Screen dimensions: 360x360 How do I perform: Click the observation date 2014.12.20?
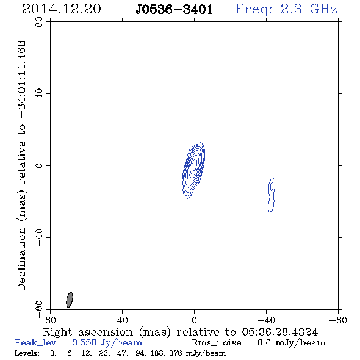tap(62, 9)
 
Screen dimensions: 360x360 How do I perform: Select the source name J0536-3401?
tap(175, 10)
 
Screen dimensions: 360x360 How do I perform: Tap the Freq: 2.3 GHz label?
tap(286, 10)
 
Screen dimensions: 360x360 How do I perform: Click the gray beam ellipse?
tap(70, 300)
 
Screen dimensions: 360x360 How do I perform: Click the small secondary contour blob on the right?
tap(272, 195)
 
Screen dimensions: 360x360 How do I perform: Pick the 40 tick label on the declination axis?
tap(39, 94)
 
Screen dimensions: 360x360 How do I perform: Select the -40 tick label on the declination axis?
tap(39, 237)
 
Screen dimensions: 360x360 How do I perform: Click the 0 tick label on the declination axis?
tap(39, 165)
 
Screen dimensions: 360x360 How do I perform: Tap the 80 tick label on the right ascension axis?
tap(50, 320)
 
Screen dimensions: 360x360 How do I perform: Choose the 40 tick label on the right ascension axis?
tap(123, 320)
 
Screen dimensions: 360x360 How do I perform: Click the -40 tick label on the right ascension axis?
tap(266, 320)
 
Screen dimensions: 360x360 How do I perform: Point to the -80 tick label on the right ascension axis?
tap(338, 320)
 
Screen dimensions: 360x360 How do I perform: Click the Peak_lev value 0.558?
tap(84, 342)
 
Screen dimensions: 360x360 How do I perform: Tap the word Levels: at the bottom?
tap(27, 353)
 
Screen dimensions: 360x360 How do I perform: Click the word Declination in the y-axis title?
tap(21, 259)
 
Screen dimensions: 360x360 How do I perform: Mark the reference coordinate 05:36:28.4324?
tap(279, 332)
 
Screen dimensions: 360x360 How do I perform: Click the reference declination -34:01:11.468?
tap(21, 79)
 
